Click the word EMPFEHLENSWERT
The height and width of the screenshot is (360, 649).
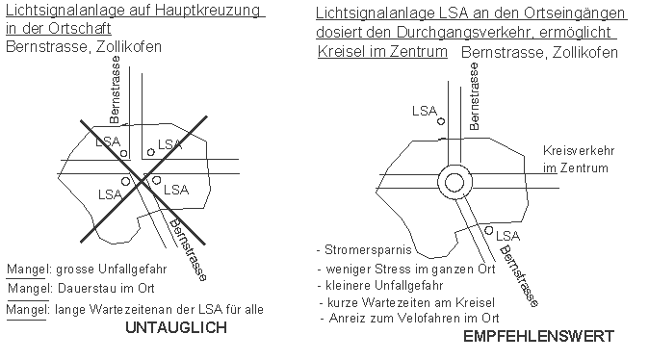(x=537, y=336)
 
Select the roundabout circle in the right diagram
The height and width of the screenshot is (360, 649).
(x=453, y=182)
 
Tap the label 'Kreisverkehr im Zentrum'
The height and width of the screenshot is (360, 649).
(x=579, y=160)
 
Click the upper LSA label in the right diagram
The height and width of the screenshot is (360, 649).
(x=426, y=110)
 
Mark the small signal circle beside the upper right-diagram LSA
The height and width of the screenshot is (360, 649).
(x=441, y=122)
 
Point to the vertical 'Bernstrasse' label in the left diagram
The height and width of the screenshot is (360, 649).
(x=116, y=97)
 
